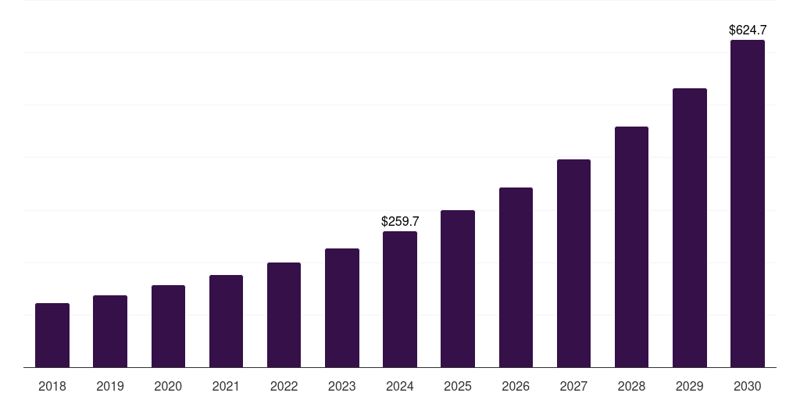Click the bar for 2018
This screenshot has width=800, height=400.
coord(52,335)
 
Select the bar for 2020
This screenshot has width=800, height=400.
coord(168,326)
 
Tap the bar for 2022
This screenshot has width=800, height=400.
coord(284,315)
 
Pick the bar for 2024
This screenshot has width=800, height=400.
coord(400,299)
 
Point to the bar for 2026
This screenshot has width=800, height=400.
coord(516,277)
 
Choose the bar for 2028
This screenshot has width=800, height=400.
coord(631,247)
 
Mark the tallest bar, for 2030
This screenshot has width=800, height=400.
coord(747,204)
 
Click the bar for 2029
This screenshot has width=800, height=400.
coord(689,227)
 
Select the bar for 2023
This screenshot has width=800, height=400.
coord(342,308)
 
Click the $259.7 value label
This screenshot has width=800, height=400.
coord(400,222)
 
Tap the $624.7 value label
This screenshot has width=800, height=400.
coord(747,30)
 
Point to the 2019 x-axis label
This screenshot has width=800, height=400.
coord(110,386)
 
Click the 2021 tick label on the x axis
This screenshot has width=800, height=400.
coord(226,386)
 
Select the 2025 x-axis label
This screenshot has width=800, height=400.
coord(458,386)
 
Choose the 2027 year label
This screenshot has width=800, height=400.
coord(573,386)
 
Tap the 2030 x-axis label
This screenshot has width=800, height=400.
coord(747,386)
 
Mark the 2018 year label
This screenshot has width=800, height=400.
coord(52,386)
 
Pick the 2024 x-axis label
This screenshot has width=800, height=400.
coord(400,386)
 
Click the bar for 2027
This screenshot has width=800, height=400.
coord(573,263)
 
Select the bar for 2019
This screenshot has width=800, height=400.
coord(110,331)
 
